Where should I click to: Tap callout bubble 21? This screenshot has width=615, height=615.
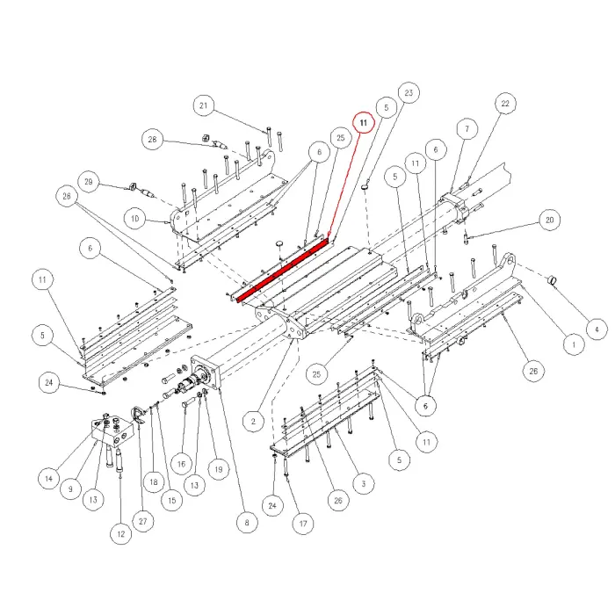(x=204, y=107)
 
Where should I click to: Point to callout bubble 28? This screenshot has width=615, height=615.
(x=153, y=140)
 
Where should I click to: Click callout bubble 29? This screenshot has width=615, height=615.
(x=89, y=182)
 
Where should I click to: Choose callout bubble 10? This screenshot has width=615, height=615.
(x=134, y=219)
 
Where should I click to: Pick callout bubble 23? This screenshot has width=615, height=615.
(x=409, y=92)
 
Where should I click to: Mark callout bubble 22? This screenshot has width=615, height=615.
(x=504, y=104)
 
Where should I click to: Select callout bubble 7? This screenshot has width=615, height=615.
(x=467, y=129)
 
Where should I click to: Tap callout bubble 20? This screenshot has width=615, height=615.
(x=551, y=220)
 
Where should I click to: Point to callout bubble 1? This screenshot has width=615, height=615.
(x=572, y=345)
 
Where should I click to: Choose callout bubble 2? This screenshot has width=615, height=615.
(x=252, y=422)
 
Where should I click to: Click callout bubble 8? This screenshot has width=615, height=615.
(x=246, y=525)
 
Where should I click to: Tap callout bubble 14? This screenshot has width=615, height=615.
(x=48, y=479)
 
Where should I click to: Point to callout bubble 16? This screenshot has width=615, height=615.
(x=181, y=463)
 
